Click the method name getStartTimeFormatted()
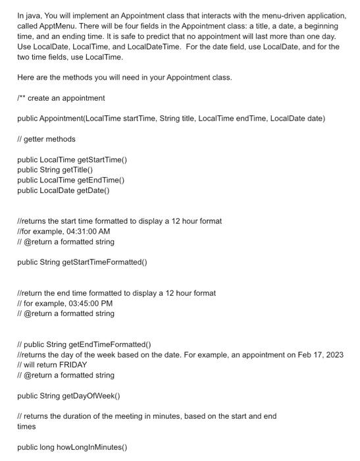[105, 262]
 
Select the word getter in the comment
[34, 139]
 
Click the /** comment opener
[21, 98]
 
